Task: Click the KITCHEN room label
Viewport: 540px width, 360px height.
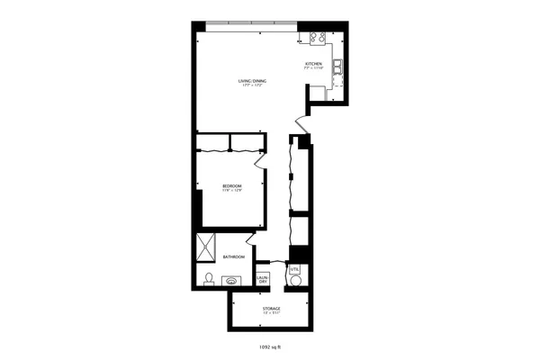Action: click(x=313, y=64)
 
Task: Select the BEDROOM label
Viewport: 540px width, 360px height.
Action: click(x=232, y=185)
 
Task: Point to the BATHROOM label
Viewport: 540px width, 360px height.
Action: click(x=234, y=256)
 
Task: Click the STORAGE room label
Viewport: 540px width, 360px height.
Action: click(x=271, y=309)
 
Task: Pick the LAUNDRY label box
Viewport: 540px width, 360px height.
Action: click(x=263, y=279)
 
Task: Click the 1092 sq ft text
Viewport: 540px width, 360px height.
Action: click(x=270, y=345)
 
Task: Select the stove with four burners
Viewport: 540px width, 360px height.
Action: click(x=318, y=38)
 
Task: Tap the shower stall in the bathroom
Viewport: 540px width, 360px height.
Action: click(x=208, y=246)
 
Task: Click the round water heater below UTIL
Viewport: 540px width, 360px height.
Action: click(x=296, y=280)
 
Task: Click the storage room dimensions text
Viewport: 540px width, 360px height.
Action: click(x=271, y=313)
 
